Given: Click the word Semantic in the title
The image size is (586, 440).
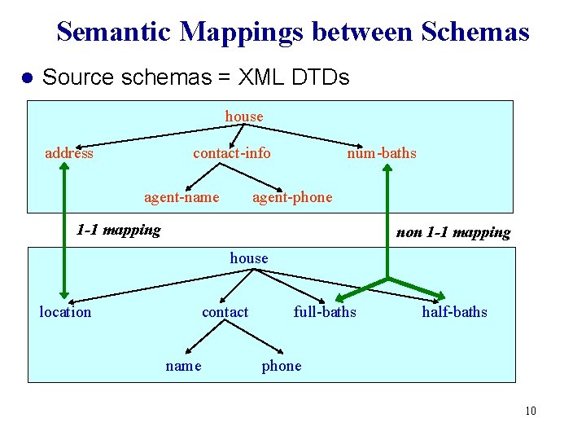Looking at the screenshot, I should (x=115, y=32).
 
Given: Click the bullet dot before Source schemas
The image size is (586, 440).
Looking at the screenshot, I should (x=25, y=78).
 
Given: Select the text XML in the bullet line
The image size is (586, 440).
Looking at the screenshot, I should (x=258, y=77).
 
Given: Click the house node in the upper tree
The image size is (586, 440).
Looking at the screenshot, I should (x=244, y=117).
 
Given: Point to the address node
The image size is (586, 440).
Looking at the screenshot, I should (x=69, y=153).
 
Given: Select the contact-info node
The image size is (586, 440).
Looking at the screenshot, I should (x=232, y=153).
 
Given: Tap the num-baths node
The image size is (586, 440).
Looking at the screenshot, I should (x=382, y=153).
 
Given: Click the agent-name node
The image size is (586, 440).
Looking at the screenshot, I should (x=181, y=197).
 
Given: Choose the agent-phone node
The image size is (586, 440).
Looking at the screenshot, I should (x=292, y=197).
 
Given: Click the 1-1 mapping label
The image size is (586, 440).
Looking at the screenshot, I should (x=118, y=230).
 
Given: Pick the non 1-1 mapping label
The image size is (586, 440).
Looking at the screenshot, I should (x=453, y=233).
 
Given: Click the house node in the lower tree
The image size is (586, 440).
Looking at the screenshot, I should (x=249, y=258).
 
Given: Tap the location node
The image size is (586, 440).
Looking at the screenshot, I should (x=65, y=312).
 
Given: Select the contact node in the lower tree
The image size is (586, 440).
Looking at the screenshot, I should (x=225, y=312).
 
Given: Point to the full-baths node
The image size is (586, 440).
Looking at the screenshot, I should (x=325, y=312).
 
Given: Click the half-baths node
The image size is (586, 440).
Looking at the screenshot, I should (x=454, y=312).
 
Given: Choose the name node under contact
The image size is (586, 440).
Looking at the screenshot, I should (x=183, y=366).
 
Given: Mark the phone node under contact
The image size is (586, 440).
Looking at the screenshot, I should (x=282, y=366).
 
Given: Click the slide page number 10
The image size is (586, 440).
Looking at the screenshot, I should (x=531, y=411).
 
